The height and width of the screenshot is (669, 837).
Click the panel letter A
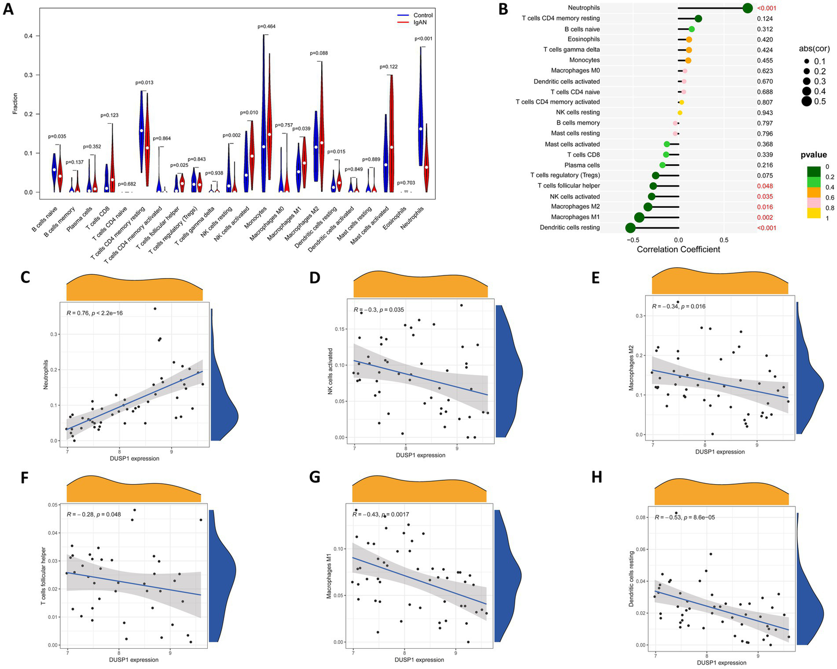click(8, 9)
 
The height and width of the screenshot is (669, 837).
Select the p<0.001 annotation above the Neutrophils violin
click(423, 39)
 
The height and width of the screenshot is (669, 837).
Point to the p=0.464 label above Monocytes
click(267, 27)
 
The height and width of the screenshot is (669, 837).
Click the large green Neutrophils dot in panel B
click(748, 8)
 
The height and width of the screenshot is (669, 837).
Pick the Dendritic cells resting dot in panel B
click(630, 228)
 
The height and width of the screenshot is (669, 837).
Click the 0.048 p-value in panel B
click(764, 186)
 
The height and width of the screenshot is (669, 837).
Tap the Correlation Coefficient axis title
click(678, 249)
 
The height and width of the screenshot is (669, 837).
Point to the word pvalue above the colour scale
click(814, 155)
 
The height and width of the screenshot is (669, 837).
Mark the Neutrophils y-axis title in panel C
click(46, 376)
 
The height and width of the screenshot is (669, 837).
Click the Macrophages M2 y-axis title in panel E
click(631, 371)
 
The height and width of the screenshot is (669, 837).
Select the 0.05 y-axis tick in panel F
click(57, 505)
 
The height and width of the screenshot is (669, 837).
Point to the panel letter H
click(597, 477)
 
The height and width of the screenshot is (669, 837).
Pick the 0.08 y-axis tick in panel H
click(644, 517)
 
